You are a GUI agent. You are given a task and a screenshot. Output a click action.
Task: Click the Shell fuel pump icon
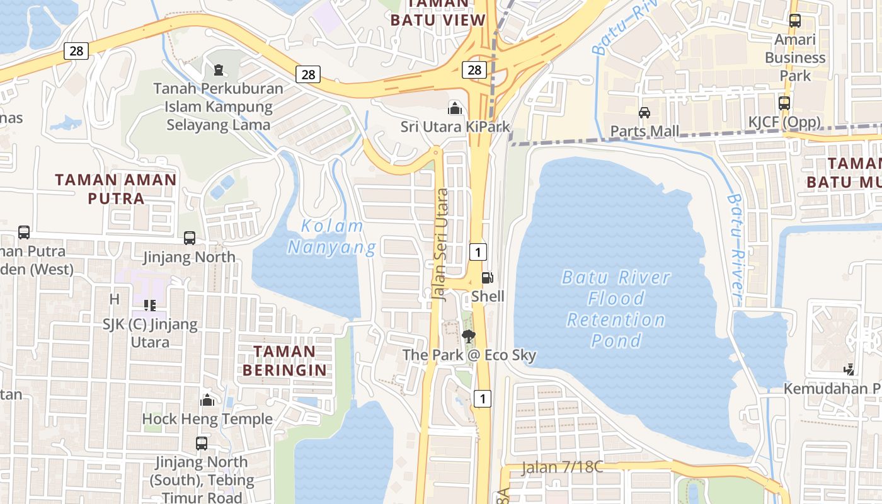tap(487, 277)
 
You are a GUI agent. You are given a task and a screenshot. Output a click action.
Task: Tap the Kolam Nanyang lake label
tap(332, 237)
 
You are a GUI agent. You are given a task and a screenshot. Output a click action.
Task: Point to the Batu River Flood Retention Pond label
tap(616, 309)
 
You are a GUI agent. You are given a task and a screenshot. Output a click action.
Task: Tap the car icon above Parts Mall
tap(644, 113)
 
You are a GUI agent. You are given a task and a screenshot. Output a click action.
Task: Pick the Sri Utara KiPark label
tap(455, 127)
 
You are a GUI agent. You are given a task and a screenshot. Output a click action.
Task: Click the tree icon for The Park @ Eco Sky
tap(469, 337)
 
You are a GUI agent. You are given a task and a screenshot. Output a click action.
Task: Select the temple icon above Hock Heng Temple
tap(207, 401)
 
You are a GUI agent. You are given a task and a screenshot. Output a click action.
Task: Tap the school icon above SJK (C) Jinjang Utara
tap(150, 306)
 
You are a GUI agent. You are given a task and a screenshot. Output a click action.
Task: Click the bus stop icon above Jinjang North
tap(190, 238)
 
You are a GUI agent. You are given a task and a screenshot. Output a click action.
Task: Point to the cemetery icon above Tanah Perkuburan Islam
tap(219, 69)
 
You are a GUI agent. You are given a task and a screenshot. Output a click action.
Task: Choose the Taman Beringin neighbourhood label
tap(285, 360)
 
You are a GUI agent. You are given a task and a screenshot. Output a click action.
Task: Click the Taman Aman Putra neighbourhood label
tap(116, 188)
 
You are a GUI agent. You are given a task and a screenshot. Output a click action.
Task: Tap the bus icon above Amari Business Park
tap(795, 20)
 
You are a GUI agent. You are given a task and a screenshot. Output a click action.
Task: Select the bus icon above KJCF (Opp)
tap(784, 103)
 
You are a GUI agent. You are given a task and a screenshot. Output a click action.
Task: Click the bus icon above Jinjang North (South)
tap(202, 443)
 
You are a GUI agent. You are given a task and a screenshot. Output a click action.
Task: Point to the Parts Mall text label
tap(644, 131)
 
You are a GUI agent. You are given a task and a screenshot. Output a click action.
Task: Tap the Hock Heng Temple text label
tap(207, 419)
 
